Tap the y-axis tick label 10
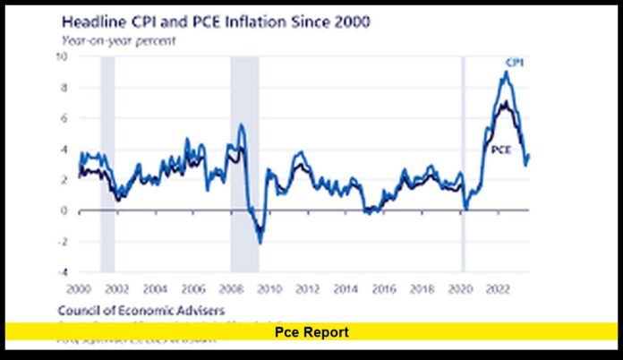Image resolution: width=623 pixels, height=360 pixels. coord(63,56)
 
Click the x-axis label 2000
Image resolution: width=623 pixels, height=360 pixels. coord(79,289)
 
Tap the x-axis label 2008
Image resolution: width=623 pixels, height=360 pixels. coord(231,289)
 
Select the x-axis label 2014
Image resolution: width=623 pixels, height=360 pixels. coord(346,289)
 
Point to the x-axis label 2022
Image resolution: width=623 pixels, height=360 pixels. coord(498,289)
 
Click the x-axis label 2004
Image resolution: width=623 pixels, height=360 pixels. coord(155,289)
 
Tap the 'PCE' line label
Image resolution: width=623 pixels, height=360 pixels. coord(501,150)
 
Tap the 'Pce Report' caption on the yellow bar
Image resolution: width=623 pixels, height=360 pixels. coord(311,332)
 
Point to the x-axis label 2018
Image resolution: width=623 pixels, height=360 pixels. coord(422,289)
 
